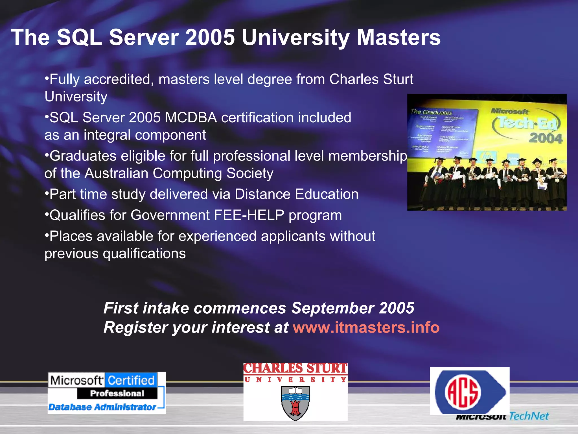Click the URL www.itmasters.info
pyautogui.click(x=366, y=327)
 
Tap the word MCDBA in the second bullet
pyautogui.click(x=191, y=118)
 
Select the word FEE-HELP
pyautogui.click(x=249, y=215)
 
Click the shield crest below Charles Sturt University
pyautogui.click(x=295, y=403)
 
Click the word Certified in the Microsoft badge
pyautogui.click(x=131, y=380)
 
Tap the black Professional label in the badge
pyautogui.click(x=117, y=393)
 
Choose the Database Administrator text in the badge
pyautogui.click(x=102, y=407)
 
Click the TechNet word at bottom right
pyautogui.click(x=529, y=416)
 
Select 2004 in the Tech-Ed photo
pyautogui.click(x=545, y=138)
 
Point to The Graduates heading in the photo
pyautogui.click(x=432, y=112)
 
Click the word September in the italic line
pyautogui.click(x=333, y=308)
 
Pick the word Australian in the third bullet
pyautogui.click(x=116, y=173)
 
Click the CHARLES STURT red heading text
pyautogui.click(x=295, y=368)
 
